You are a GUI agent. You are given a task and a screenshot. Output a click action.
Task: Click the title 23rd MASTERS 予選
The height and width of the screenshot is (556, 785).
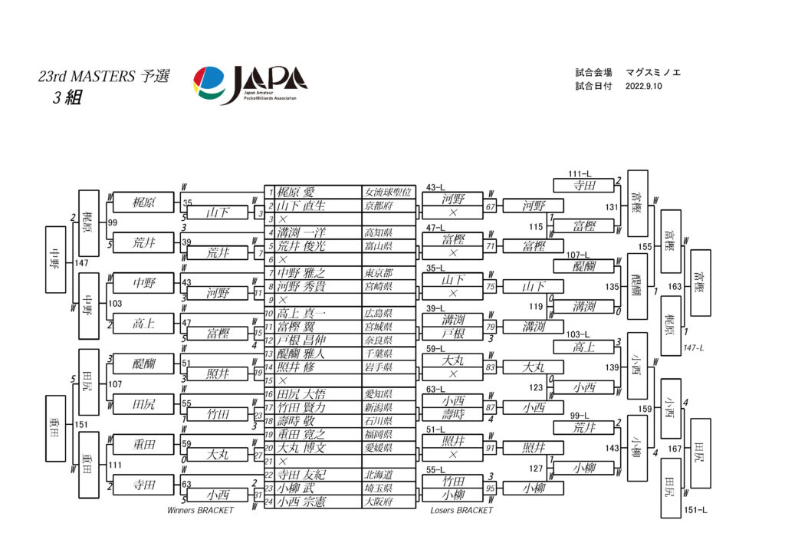pyautogui.click(x=103, y=77)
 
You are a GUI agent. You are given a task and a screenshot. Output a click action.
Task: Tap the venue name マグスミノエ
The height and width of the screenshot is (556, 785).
pyautogui.click(x=653, y=73)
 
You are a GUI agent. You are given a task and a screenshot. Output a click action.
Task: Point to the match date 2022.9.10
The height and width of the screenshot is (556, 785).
pyautogui.click(x=643, y=87)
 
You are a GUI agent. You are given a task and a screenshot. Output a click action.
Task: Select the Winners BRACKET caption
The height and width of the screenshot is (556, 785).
pyautogui.click(x=200, y=511)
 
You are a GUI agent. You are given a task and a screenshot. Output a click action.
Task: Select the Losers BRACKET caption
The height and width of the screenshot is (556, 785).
pyautogui.click(x=461, y=511)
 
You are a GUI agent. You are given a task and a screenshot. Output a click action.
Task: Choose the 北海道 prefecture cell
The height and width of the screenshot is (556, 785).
pyautogui.click(x=378, y=475)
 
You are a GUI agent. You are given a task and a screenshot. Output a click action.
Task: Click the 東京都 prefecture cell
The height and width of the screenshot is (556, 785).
pyautogui.click(x=378, y=273)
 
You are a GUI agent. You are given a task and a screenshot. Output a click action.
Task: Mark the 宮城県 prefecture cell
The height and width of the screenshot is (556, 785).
pyautogui.click(x=378, y=327)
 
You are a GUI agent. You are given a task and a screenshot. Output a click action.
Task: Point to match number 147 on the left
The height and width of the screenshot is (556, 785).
pyautogui.click(x=84, y=263)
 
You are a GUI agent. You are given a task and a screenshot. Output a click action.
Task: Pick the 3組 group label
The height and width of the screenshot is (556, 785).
pyautogui.click(x=67, y=98)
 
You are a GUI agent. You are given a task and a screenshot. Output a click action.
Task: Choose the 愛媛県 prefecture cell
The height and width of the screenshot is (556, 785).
pyautogui.click(x=378, y=448)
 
